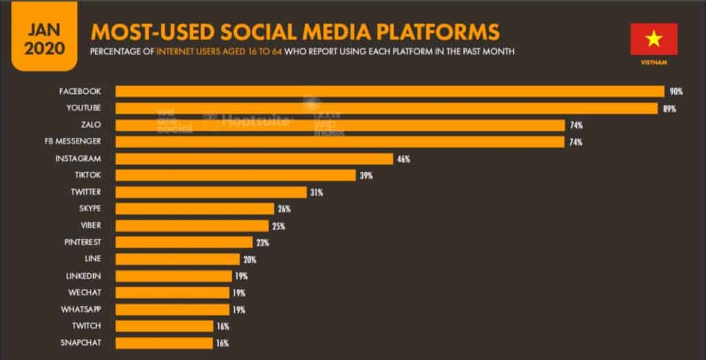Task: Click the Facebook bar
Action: coord(389,92)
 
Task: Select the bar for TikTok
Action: coord(235,175)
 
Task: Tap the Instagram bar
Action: coord(253,159)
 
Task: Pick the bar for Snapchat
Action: coord(164,343)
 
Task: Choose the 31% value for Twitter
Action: coord(316,192)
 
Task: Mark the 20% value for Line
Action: coord(250,259)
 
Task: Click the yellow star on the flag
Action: coord(654,39)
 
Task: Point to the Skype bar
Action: coord(194,209)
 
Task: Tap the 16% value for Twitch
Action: coord(222,326)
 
